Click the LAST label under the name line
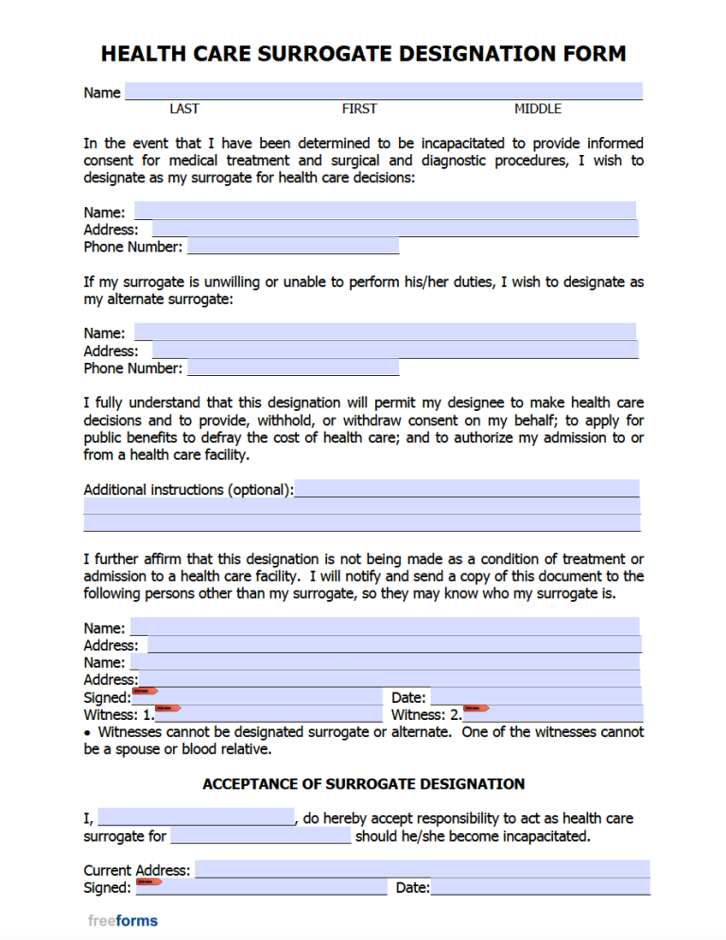click(184, 109)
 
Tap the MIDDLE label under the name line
click(538, 109)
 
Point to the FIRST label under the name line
click(359, 109)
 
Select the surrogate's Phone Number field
click(293, 247)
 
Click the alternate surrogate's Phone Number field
click(293, 368)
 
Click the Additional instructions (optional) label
click(188, 489)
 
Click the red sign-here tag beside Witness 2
click(475, 708)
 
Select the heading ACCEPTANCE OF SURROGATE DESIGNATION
click(364, 784)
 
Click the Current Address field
click(422, 870)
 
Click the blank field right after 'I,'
click(196, 818)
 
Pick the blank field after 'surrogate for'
click(260, 836)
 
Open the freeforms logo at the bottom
click(123, 920)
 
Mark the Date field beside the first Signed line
click(535, 697)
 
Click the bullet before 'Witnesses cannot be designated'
click(88, 732)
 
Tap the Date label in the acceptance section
click(412, 888)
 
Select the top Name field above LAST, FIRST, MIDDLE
click(383, 93)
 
